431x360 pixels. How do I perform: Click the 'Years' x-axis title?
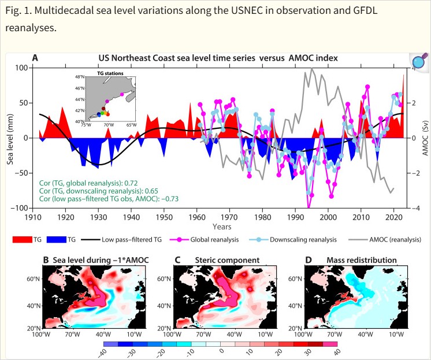[x=221, y=227]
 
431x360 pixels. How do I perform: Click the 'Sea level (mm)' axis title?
[x=10, y=138]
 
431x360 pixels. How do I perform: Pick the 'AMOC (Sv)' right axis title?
[x=425, y=138]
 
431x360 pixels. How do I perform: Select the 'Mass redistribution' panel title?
[x=348, y=259]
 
